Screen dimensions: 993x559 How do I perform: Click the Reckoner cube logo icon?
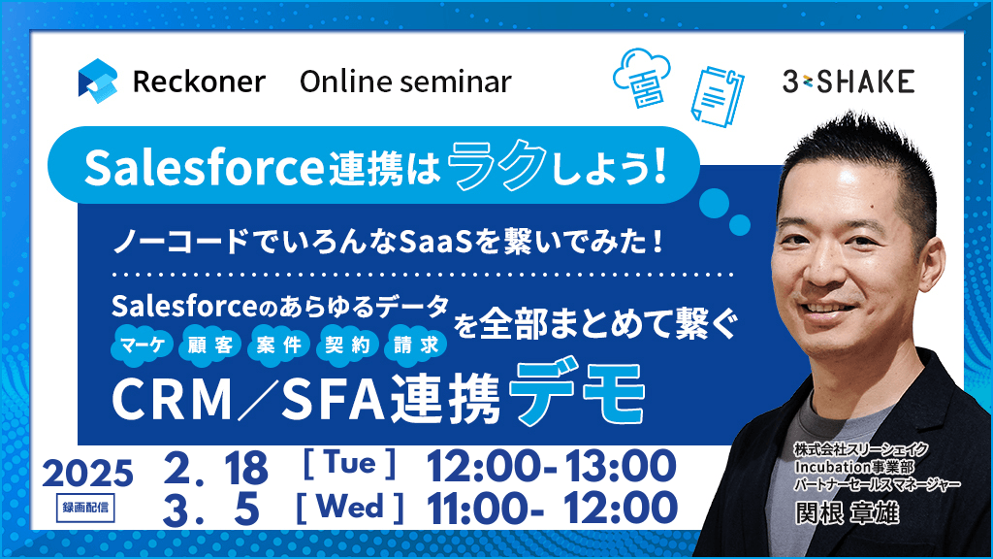tap(98, 82)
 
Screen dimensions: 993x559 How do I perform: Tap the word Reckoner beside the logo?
tap(199, 82)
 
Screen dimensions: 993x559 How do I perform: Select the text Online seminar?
tap(405, 82)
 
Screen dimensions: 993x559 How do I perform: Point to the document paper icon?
tap(717, 96)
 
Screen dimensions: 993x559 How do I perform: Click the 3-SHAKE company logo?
tap(848, 82)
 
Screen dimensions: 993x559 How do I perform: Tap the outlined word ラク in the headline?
tap(497, 165)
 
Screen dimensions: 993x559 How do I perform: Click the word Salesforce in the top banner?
tap(204, 167)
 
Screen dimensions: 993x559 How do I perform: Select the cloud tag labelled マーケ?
tap(143, 345)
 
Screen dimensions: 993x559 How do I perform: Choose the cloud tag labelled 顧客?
tap(210, 345)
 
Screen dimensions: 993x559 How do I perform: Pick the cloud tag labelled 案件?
tap(278, 345)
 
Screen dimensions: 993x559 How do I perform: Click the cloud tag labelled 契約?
tap(347, 345)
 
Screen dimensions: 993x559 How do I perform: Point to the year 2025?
tap(88, 474)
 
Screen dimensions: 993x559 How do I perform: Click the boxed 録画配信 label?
tap(85, 508)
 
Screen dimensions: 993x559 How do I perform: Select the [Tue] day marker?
tap(349, 464)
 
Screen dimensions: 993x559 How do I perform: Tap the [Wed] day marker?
tap(349, 507)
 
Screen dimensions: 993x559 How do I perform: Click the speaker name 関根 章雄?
tap(848, 513)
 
